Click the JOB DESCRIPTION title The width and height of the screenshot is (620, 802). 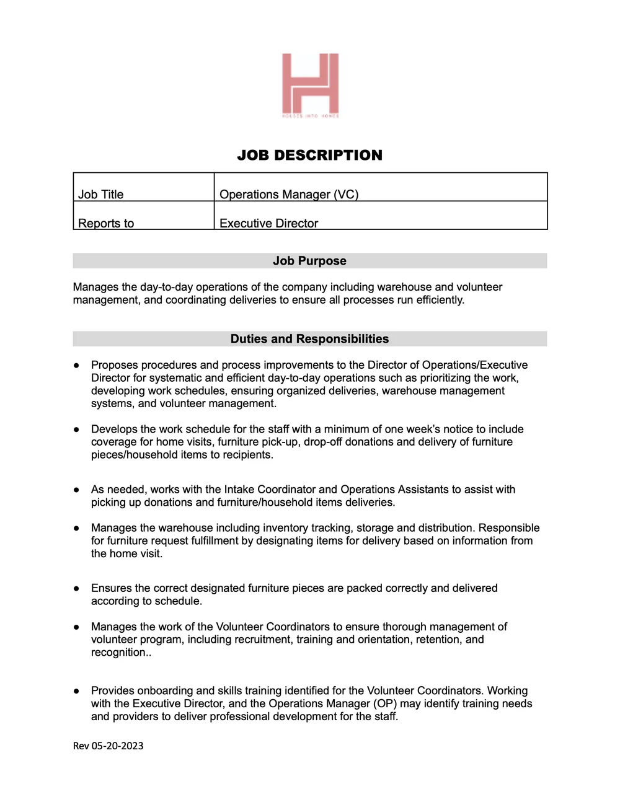(x=309, y=155)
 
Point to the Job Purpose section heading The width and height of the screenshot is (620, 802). (x=309, y=261)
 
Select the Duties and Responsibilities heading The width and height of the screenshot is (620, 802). (x=309, y=339)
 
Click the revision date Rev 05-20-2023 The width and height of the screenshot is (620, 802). (x=108, y=746)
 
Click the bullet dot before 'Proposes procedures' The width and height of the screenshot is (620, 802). (x=77, y=366)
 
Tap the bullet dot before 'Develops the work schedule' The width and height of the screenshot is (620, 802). (x=77, y=430)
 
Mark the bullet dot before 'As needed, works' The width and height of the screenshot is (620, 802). (x=77, y=490)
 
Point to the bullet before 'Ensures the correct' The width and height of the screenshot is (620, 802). (x=77, y=588)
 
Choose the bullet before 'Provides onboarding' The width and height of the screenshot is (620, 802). (x=77, y=691)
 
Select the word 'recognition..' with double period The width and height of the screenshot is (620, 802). (x=121, y=653)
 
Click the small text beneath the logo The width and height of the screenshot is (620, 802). (x=310, y=116)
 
